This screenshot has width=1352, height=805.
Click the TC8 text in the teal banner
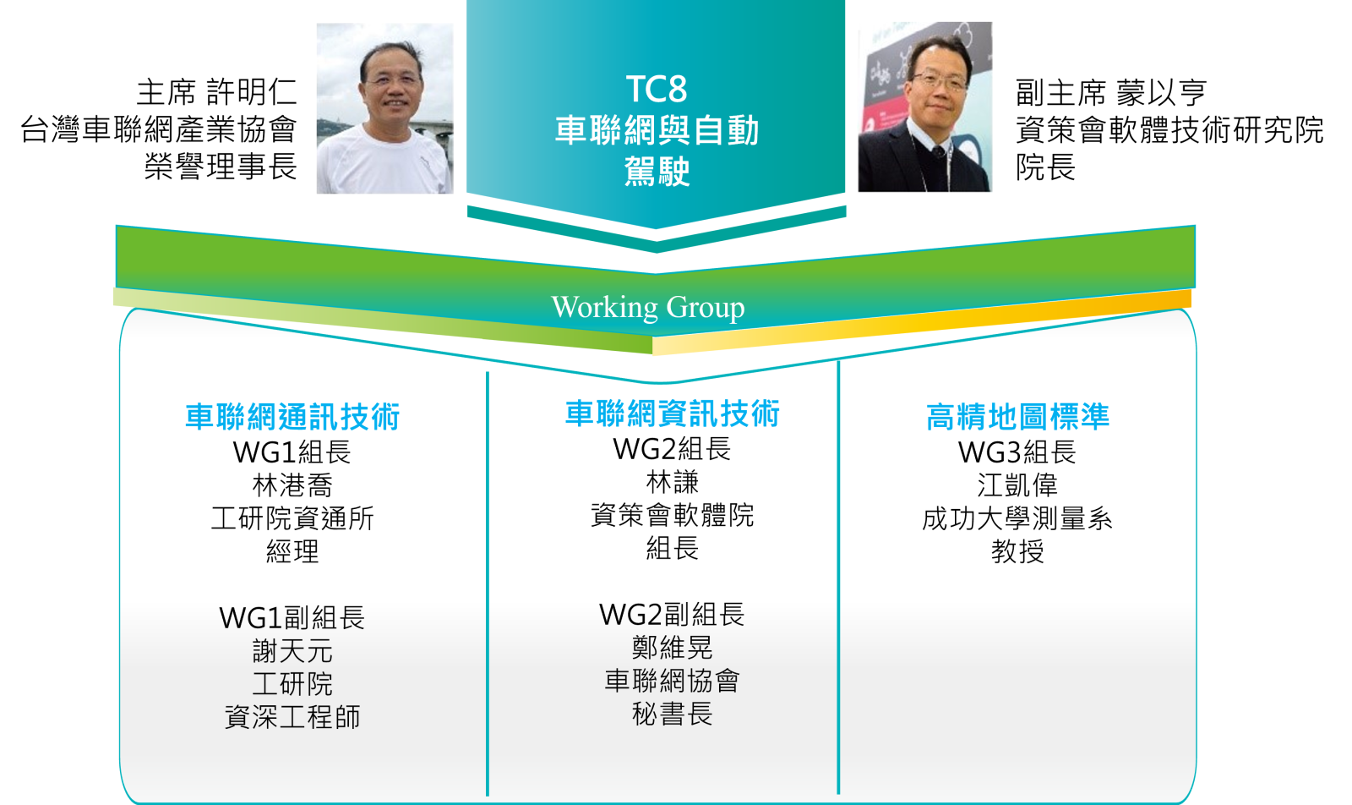click(x=656, y=89)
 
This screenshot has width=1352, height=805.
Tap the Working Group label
click(x=647, y=308)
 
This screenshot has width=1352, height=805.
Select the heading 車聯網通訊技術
click(x=292, y=417)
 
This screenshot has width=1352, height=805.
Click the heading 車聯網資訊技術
click(x=673, y=413)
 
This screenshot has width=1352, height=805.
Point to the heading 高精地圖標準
click(x=1017, y=417)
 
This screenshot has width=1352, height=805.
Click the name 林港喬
click(x=292, y=485)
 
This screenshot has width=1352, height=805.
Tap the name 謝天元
click(x=292, y=651)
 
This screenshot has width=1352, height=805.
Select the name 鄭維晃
click(x=673, y=648)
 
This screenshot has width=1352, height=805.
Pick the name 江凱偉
click(x=1017, y=485)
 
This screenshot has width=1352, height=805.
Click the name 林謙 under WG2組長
click(x=673, y=482)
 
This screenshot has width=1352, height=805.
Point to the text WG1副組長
click(x=292, y=618)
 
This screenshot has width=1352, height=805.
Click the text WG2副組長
click(x=673, y=615)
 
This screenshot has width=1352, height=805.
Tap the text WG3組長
click(x=1017, y=452)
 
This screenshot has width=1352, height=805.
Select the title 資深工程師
click(x=292, y=717)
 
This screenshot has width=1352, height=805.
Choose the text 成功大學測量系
click(x=1017, y=518)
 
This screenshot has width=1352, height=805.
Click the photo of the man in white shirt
click(x=385, y=109)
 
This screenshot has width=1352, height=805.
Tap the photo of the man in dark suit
click(x=924, y=107)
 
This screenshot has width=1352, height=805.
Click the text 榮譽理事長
click(x=221, y=166)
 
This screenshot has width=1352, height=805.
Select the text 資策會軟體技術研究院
click(x=1169, y=129)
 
